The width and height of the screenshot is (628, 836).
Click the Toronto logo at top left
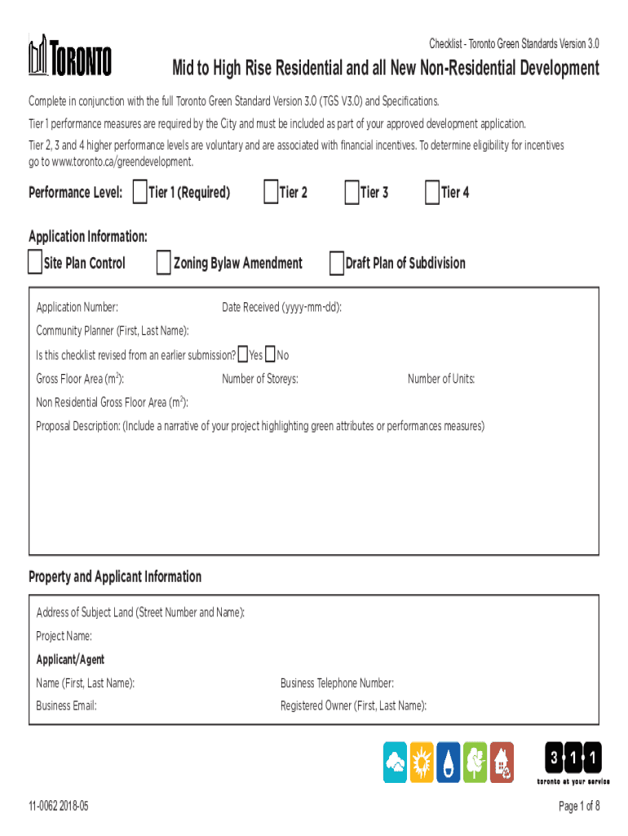point(70,55)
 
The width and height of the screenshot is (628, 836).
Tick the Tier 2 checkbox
point(270,193)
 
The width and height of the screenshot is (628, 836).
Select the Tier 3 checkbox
point(351,193)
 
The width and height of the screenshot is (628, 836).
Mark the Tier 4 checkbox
point(431,193)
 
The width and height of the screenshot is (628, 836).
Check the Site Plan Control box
point(34,263)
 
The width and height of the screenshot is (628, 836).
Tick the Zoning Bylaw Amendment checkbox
point(163,263)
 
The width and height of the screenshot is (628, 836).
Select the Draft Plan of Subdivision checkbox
point(336,263)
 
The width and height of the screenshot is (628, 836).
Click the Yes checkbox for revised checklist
point(242,355)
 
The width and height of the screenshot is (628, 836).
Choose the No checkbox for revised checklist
point(270,355)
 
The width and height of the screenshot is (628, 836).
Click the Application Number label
point(77,308)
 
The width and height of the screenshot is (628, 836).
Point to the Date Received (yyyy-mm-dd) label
point(281,308)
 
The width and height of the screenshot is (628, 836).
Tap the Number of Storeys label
point(259,380)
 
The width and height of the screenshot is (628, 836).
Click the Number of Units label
point(441,380)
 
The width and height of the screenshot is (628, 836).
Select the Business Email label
point(66,706)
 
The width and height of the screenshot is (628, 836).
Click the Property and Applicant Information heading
point(115,577)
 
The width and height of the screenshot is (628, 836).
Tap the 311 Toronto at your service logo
point(573,763)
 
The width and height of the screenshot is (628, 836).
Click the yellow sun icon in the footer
point(422,763)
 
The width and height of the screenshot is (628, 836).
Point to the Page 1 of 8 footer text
point(579,807)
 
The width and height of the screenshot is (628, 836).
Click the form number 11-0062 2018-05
point(58,807)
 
